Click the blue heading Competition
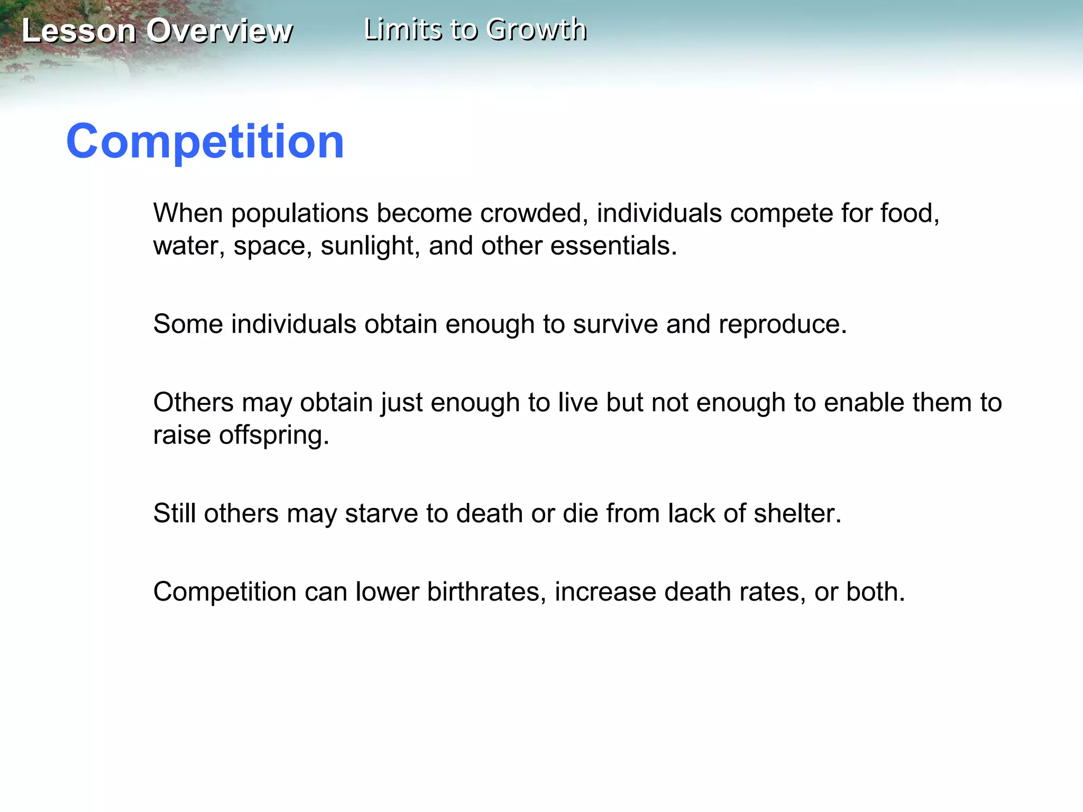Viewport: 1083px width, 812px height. [x=205, y=141]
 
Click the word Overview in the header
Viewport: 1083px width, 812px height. [x=219, y=31]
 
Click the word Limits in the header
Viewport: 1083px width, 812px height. [x=403, y=30]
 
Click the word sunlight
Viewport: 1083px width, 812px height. [x=367, y=246]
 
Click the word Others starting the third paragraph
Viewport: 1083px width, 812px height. [x=193, y=402]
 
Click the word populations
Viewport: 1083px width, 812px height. [x=299, y=214]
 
